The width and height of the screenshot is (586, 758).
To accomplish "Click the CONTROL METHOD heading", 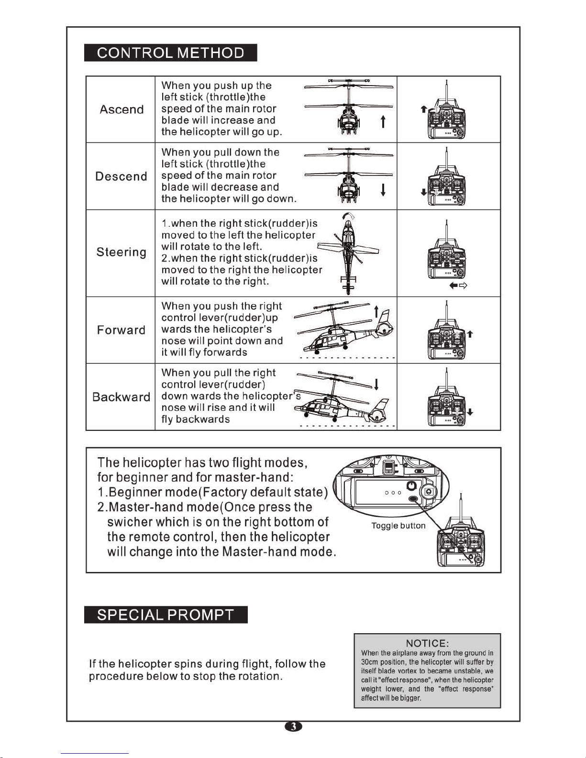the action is pyautogui.click(x=171, y=53).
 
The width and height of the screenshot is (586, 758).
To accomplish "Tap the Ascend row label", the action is pyautogui.click(x=122, y=110).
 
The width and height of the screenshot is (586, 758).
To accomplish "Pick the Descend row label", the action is pyautogui.click(x=122, y=176).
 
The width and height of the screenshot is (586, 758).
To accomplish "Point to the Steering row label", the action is pyautogui.click(x=122, y=252).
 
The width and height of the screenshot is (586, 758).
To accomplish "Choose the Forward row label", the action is pyautogui.click(x=122, y=330).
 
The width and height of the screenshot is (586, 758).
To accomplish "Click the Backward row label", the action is pyautogui.click(x=122, y=397).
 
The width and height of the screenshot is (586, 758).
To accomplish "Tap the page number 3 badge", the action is pyautogui.click(x=294, y=726).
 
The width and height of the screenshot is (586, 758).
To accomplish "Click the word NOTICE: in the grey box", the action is pyautogui.click(x=427, y=644).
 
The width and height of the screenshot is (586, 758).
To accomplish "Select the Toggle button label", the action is pyautogui.click(x=398, y=526).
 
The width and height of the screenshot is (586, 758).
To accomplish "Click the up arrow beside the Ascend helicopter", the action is pyautogui.click(x=383, y=122).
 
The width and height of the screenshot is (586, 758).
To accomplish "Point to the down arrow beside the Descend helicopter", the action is pyautogui.click(x=383, y=190).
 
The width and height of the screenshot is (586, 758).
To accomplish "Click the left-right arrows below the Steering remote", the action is pyautogui.click(x=458, y=286).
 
